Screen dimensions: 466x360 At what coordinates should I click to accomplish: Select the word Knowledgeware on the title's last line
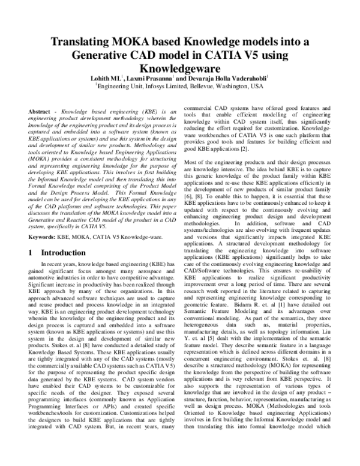(180, 69)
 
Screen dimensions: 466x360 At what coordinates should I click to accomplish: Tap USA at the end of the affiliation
(257, 86)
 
